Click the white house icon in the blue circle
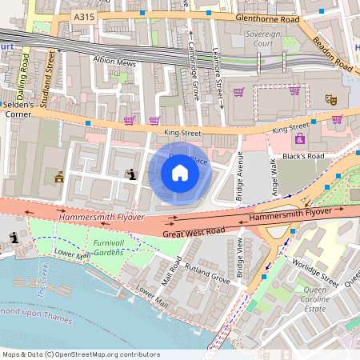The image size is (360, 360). (180, 172)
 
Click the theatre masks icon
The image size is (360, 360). (329, 99)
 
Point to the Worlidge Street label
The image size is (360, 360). (316, 273)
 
